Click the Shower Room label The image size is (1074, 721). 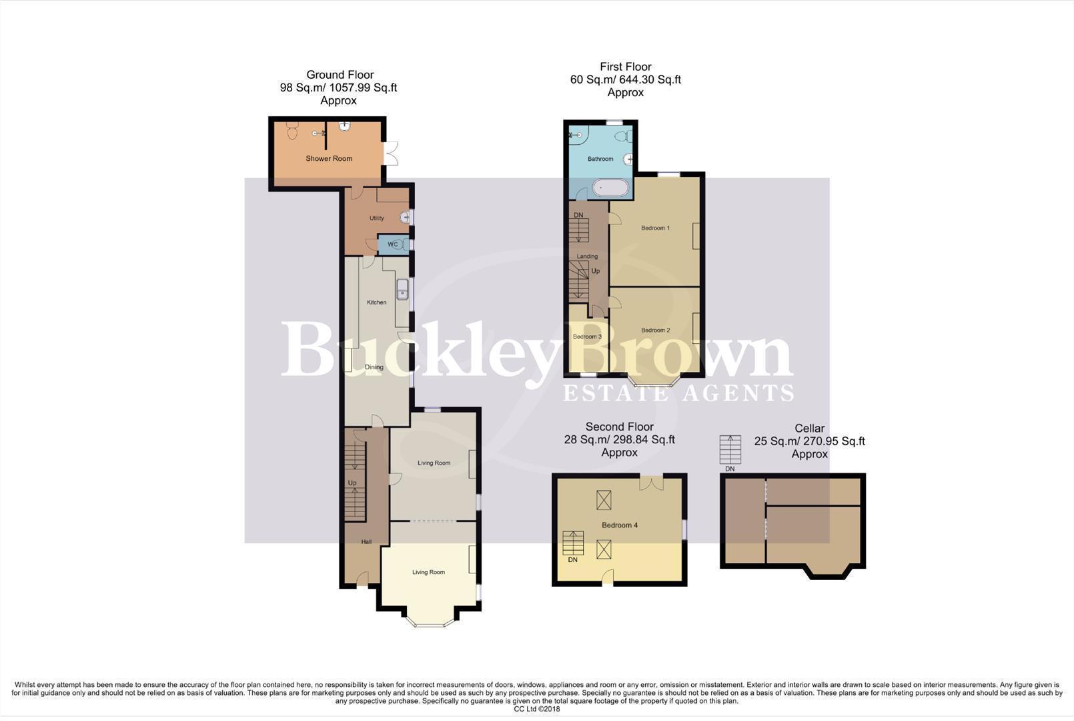click(x=329, y=159)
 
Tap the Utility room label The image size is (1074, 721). click(x=377, y=218)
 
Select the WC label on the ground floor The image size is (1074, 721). click(x=392, y=245)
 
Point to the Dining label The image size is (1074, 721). click(x=374, y=367)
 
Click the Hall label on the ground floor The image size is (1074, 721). click(x=366, y=542)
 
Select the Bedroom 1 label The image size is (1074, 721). click(x=655, y=228)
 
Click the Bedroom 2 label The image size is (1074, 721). click(x=655, y=330)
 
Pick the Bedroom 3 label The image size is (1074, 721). click(x=587, y=336)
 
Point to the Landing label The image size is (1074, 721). click(x=587, y=256)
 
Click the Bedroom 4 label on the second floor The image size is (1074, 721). click(x=620, y=525)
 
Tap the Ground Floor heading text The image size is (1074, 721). click(x=340, y=75)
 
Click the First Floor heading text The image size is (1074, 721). click(x=625, y=67)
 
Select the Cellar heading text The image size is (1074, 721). click(x=809, y=429)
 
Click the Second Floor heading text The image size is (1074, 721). click(x=619, y=427)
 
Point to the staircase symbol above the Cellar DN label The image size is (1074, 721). click(x=730, y=449)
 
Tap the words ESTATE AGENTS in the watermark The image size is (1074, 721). click(x=678, y=393)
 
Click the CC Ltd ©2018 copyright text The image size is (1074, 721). click(x=536, y=709)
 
